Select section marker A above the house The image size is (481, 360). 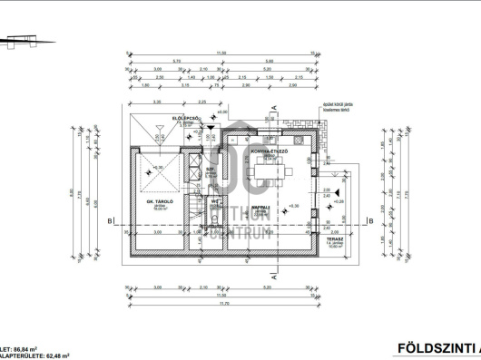[x=273, y=107]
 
